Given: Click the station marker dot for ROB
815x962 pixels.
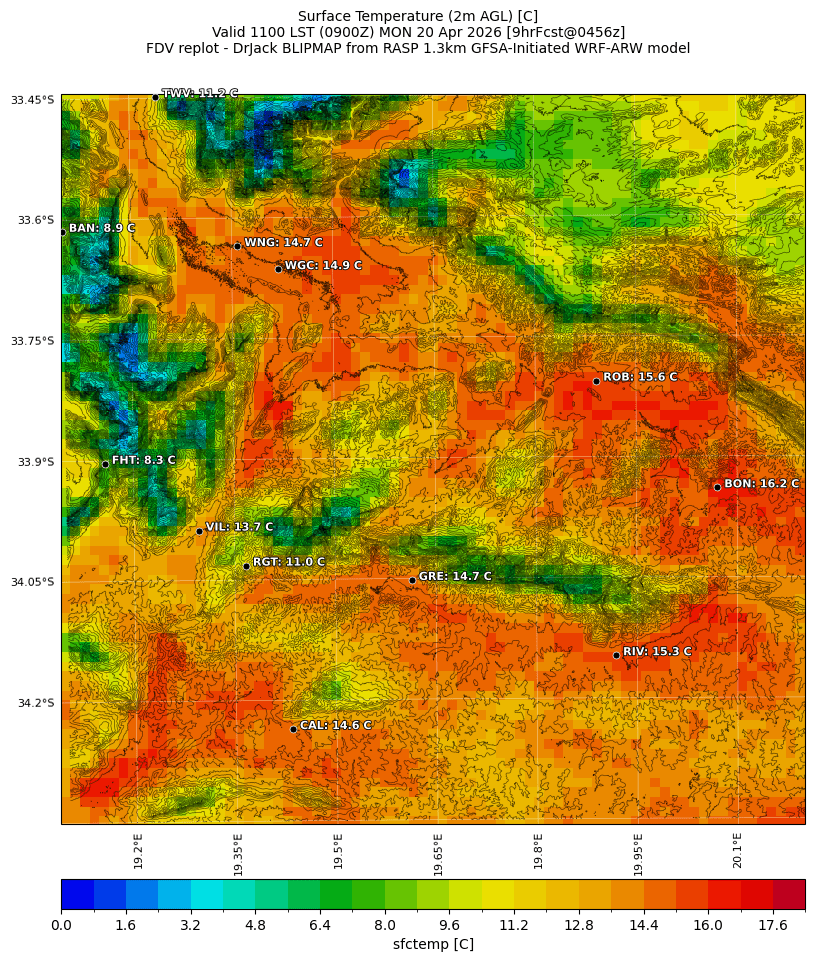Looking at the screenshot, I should point(596,381).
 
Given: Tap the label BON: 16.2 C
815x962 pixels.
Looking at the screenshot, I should point(761,484).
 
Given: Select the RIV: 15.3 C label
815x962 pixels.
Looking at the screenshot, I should point(657,652).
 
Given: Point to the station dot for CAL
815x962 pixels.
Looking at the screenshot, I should point(293,729).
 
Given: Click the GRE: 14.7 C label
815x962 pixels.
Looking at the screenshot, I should point(455,577).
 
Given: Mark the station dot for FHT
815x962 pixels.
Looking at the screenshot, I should point(105,464).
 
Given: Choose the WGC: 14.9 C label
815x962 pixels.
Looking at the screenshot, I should point(323,266).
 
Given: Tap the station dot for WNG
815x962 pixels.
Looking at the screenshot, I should point(237,246).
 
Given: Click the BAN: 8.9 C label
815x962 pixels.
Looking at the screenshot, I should point(101,229).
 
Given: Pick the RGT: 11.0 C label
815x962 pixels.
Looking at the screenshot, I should point(289,563).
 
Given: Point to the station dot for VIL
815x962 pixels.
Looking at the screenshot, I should point(199,531).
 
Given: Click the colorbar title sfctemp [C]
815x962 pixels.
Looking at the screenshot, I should point(433,944).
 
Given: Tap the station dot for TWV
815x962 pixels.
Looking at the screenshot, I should point(155,97).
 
